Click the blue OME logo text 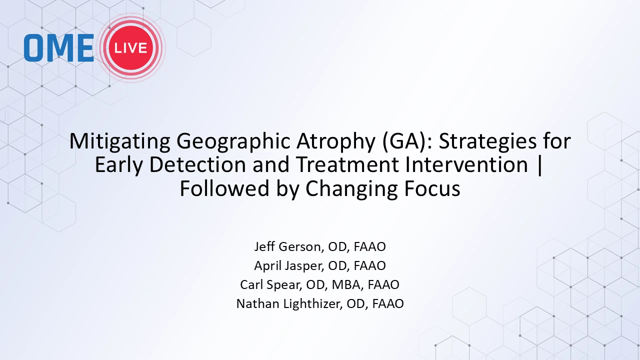click(x=59, y=47)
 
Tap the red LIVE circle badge click(x=131, y=47)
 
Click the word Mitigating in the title click(x=119, y=141)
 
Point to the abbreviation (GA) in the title click(x=403, y=141)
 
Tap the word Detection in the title click(x=197, y=164)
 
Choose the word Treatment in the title click(x=347, y=164)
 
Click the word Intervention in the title click(x=466, y=164)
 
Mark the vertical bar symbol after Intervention click(x=539, y=165)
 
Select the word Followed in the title click(x=224, y=188)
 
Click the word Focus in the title click(x=432, y=188)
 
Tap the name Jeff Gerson click(x=287, y=246)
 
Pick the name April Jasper click(x=288, y=265)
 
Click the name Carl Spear click(x=270, y=284)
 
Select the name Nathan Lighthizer click(x=288, y=303)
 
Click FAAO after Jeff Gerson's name click(x=369, y=246)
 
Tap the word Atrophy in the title click(x=336, y=141)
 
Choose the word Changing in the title click(x=351, y=188)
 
